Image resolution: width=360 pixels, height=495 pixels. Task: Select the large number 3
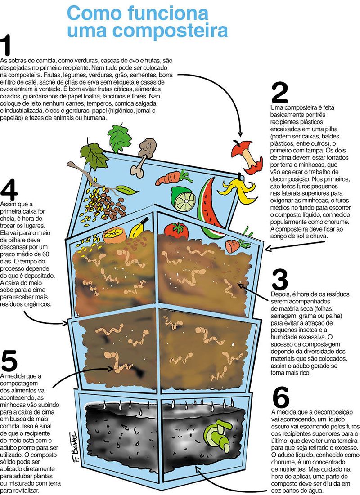[x=279, y=279]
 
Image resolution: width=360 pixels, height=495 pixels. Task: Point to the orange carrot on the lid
[x=173, y=178]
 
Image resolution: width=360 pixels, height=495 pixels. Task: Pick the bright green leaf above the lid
[x=119, y=135]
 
